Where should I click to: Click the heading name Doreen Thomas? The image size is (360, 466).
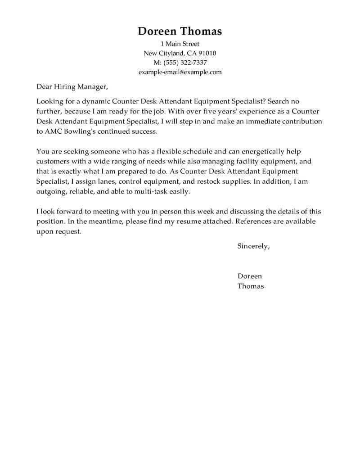tap(180, 31)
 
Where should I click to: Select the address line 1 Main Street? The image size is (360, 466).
tap(180, 44)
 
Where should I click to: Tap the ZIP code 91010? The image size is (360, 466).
tap(207, 53)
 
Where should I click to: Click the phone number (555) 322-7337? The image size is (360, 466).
tap(187, 63)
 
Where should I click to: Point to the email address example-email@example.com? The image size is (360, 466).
tap(180, 72)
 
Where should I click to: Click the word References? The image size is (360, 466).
tap(254, 222)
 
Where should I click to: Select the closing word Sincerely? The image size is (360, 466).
tap(253, 246)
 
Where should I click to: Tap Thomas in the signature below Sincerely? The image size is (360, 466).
tap(251, 286)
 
